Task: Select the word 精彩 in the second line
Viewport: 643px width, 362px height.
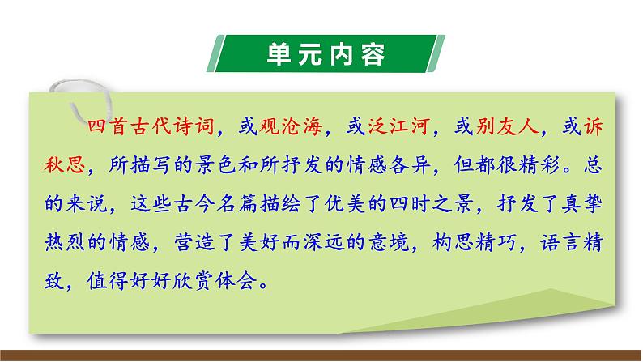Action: tap(542, 167)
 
